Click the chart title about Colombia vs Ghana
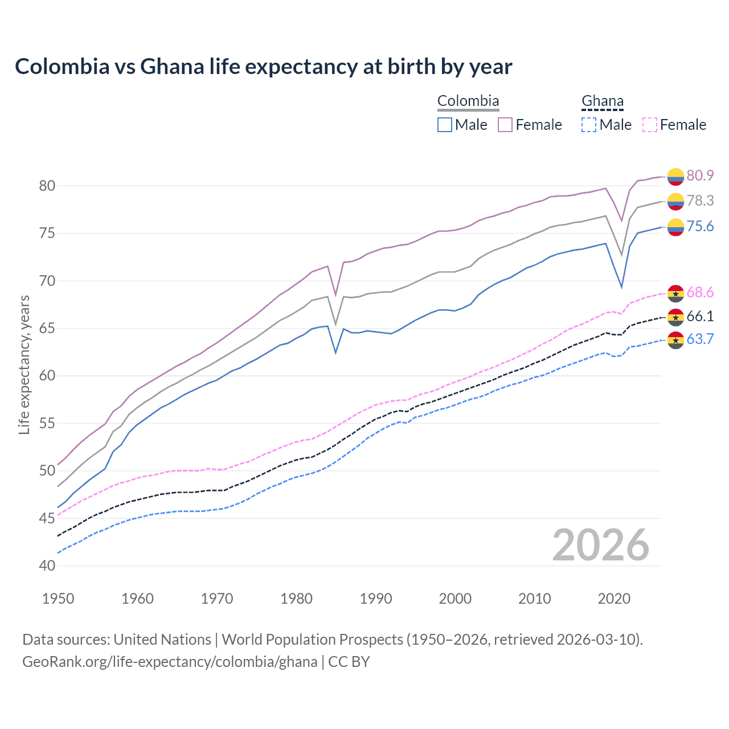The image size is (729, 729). [263, 67]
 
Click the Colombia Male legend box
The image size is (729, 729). [445, 125]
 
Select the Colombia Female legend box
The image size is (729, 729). [505, 125]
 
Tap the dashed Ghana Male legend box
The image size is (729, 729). [589, 125]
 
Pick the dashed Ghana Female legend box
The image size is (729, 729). [650, 125]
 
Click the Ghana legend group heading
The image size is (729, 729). [603, 101]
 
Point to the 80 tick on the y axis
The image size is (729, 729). [47, 186]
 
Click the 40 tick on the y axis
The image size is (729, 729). [47, 566]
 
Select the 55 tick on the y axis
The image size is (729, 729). [47, 423]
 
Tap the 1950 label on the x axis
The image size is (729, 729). [58, 599]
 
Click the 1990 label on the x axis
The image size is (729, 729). [376, 599]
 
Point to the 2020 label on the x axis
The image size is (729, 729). [614, 599]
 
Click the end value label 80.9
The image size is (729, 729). [700, 175]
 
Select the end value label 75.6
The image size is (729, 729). [700, 227]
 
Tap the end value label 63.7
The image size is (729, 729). [700, 339]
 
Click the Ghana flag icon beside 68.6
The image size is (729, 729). [675, 293]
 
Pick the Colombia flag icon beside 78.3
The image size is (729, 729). [675, 201]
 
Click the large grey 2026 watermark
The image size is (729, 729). [601, 545]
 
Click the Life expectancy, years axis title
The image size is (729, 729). [24, 364]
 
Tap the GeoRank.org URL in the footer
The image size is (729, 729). [170, 662]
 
